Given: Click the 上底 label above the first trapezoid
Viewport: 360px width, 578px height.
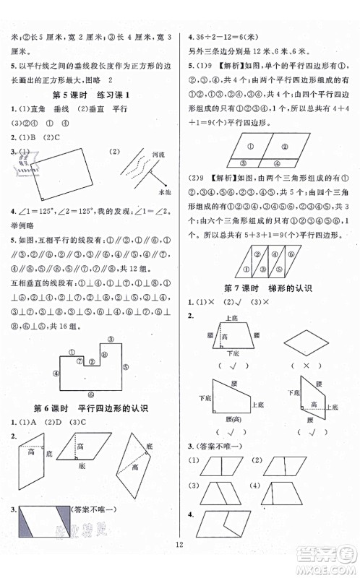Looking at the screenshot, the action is tap(231, 318).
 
